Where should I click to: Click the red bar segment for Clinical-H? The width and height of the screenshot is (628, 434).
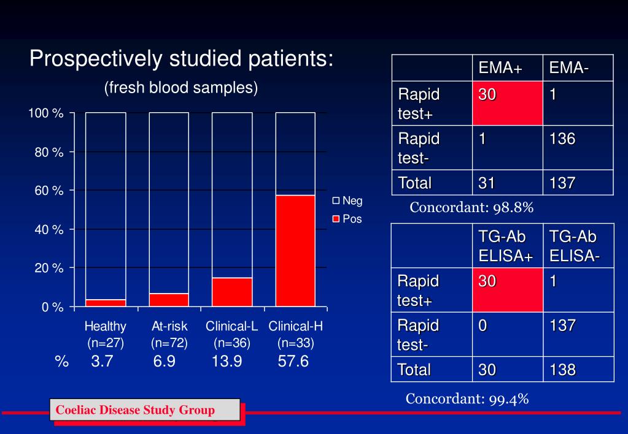click(295, 251)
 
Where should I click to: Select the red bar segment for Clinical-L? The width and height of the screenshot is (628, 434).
click(232, 292)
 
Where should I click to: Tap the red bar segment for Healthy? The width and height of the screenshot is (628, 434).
click(106, 303)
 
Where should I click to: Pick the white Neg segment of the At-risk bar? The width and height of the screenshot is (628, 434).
click(169, 202)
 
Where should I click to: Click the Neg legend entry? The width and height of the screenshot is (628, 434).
click(347, 200)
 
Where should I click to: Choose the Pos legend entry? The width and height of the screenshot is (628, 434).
click(347, 219)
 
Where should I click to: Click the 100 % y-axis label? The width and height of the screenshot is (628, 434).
click(46, 113)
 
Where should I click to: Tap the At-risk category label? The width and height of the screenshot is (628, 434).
click(169, 327)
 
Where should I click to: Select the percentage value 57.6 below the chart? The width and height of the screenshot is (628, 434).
click(293, 362)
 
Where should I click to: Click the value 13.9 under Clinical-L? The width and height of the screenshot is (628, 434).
click(227, 362)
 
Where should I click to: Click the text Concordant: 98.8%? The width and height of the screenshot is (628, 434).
click(471, 208)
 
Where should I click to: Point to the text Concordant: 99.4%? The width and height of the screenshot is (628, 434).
click(467, 399)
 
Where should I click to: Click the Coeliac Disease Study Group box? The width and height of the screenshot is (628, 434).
click(144, 410)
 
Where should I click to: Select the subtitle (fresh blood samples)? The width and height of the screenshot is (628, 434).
click(180, 88)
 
